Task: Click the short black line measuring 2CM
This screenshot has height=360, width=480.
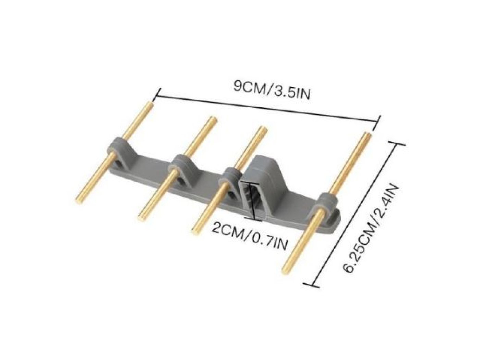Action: click(x=254, y=201)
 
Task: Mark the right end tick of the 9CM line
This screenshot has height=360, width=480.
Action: click(x=378, y=120)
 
